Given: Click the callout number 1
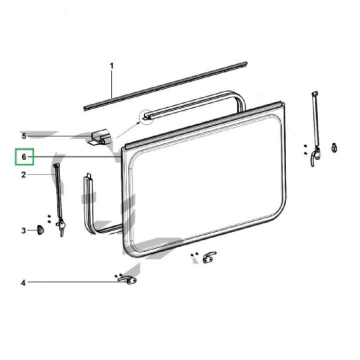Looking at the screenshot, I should [x=111, y=65].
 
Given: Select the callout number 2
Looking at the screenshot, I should [x=23, y=174].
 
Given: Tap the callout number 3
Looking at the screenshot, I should [x=23, y=230].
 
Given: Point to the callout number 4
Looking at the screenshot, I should [x=23, y=283].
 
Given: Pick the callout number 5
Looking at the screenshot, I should [x=23, y=136].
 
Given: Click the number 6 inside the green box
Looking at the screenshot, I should [x=23, y=157].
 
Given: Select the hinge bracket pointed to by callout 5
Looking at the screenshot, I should [x=100, y=137].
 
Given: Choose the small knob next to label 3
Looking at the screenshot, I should [x=40, y=229].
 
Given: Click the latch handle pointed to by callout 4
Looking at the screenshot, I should [x=128, y=280].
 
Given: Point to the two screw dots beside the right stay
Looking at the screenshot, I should [x=305, y=149].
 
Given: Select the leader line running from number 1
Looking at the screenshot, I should [x=111, y=85].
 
